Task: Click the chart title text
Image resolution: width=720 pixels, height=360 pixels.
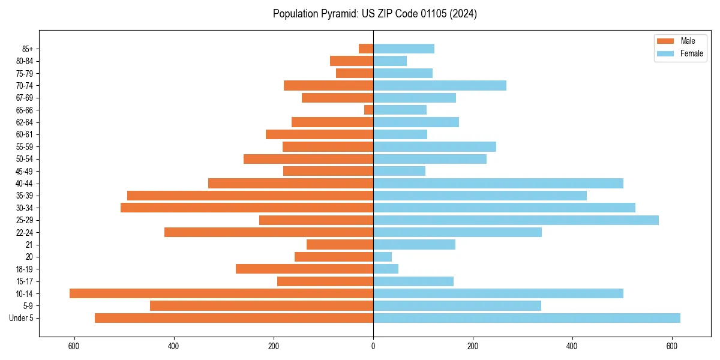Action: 374,14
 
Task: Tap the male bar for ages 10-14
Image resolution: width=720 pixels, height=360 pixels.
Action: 221,293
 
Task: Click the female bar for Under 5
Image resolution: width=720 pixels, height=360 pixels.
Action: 527,318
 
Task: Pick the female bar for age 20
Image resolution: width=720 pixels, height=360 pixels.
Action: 382,257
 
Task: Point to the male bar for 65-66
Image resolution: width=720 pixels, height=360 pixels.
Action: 368,110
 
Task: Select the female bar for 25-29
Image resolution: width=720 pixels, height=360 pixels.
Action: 516,220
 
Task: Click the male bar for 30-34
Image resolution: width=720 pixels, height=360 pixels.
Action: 247,208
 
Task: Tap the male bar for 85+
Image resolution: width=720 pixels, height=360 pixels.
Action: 366,49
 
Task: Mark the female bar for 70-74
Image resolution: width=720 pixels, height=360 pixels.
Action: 440,85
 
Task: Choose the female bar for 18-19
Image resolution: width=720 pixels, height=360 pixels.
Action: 386,269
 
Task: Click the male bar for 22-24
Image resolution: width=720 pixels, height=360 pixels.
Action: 269,232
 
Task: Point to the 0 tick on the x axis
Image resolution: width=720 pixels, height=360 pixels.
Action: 373,346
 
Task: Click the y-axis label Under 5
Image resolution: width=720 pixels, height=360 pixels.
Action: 21,318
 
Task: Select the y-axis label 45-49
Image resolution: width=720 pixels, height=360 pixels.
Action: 25,171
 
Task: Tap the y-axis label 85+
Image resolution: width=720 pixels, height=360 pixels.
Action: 27,49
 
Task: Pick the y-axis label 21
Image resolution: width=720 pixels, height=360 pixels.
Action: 29,245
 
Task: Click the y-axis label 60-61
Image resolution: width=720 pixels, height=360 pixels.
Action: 25,134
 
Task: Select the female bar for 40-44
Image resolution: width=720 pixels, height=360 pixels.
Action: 498,183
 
